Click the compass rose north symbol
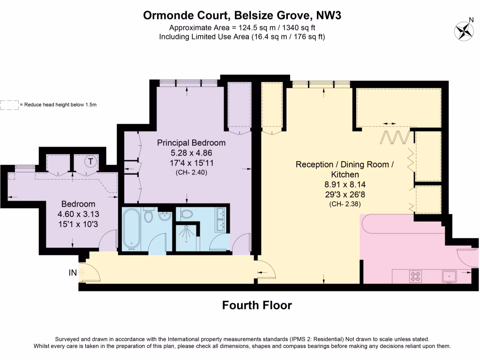click(464, 30)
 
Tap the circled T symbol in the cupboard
click(90, 161)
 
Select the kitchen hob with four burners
click(415, 276)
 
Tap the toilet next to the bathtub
click(149, 216)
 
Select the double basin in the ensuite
click(221, 219)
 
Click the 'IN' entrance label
click(73, 271)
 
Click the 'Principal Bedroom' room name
click(191, 142)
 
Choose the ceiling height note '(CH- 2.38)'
click(342, 204)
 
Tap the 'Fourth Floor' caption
click(256, 306)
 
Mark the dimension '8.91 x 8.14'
click(342, 184)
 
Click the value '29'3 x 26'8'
click(342, 194)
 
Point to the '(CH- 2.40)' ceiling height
click(191, 172)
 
